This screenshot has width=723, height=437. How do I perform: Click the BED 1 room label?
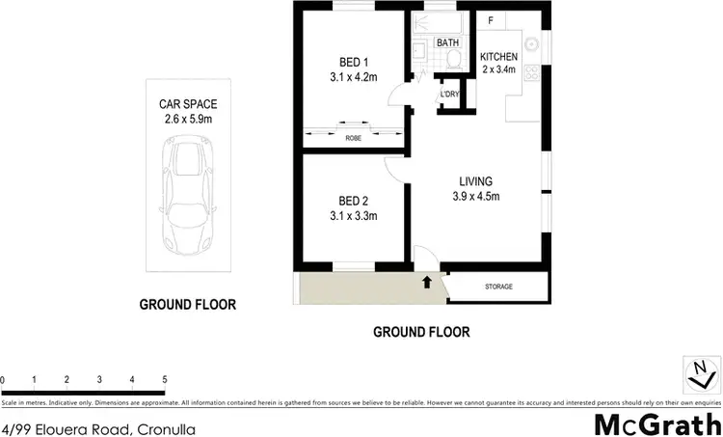[352, 56]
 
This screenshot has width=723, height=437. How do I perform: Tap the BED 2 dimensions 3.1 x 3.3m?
[352, 216]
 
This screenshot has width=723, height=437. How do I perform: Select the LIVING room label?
[475, 181]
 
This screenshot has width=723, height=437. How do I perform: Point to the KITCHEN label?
[499, 56]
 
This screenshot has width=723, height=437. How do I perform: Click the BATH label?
[447, 43]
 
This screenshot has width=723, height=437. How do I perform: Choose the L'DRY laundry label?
[449, 94]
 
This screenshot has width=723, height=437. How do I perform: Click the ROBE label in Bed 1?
[353, 139]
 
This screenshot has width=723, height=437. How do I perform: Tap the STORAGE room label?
[498, 287]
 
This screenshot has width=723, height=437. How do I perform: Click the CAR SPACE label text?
[187, 105]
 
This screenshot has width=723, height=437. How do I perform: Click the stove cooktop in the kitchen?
[532, 75]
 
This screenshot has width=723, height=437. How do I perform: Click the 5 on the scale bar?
[165, 380]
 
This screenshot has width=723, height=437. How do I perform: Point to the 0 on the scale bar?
[4, 380]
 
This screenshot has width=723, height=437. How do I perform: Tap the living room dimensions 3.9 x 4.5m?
[475, 198]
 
